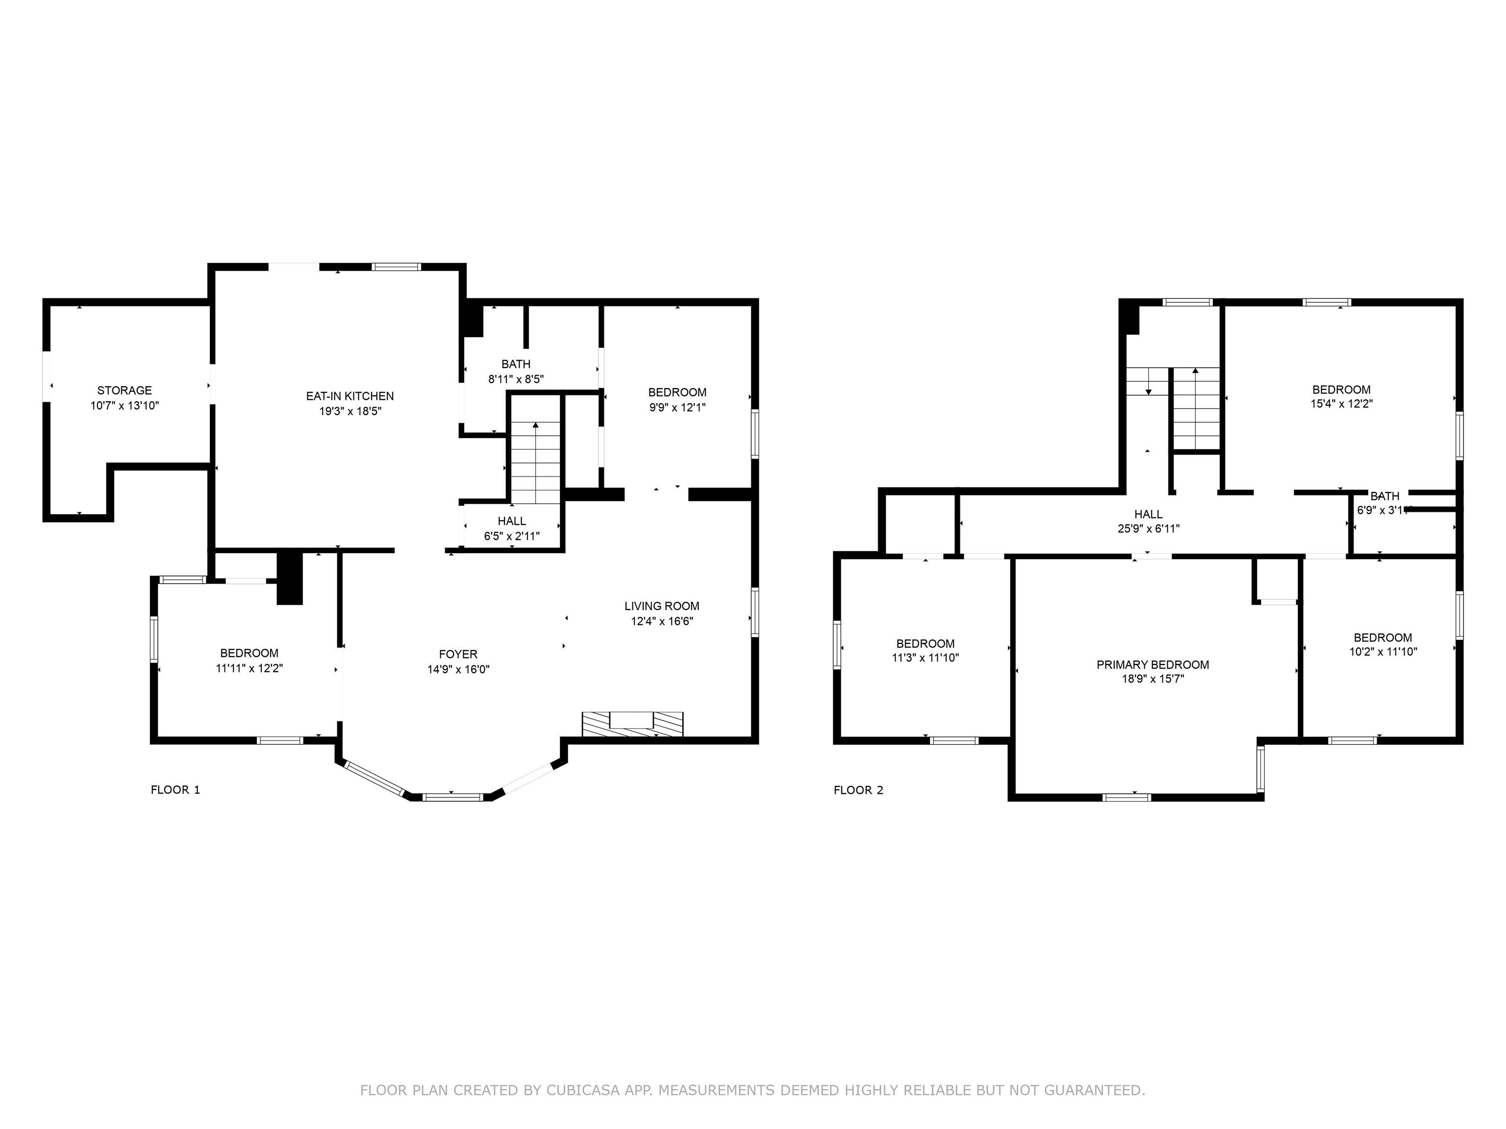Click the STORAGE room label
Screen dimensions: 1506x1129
(125, 391)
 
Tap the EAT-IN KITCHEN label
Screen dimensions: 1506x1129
(350, 396)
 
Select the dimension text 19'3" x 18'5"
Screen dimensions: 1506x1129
(350, 411)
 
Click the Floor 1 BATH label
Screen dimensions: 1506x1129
(516, 364)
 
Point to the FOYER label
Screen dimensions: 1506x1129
(458, 654)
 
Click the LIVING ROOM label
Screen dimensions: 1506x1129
(662, 606)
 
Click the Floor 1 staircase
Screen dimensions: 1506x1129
(536, 463)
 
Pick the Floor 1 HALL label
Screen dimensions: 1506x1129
(511, 521)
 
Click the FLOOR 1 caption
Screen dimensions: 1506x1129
(176, 789)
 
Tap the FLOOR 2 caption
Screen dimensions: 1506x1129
(858, 789)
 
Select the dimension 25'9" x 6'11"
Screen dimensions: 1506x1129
(1149, 528)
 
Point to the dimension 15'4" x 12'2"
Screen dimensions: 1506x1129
(1341, 404)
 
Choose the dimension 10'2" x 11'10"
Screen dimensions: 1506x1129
(1383, 651)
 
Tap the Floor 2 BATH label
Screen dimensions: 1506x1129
(1385, 496)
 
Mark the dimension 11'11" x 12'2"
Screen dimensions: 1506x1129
(249, 668)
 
